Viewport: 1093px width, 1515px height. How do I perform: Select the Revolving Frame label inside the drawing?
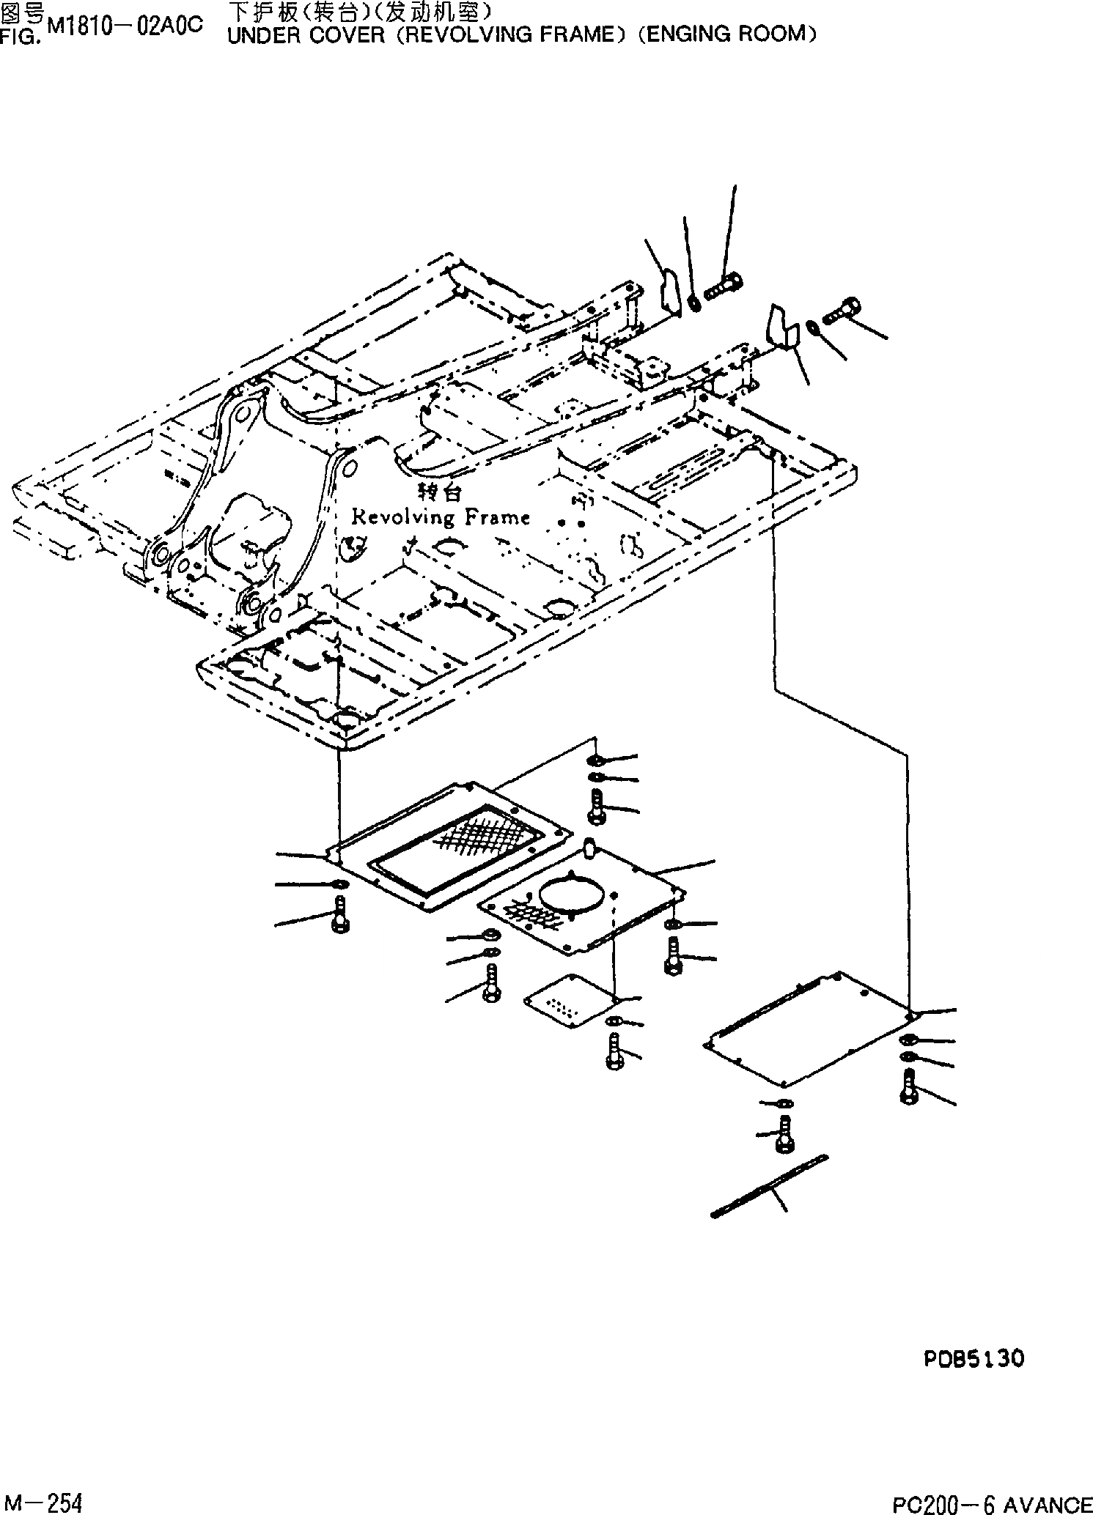(441, 517)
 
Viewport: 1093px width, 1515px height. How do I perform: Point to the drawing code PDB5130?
(973, 1359)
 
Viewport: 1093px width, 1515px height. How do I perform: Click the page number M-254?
(41, 1499)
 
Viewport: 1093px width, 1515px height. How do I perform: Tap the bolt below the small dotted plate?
(614, 1051)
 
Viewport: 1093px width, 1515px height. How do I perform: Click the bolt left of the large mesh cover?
(340, 914)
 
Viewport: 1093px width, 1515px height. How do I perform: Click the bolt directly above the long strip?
(784, 1135)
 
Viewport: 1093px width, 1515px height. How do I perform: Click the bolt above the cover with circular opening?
(595, 805)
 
